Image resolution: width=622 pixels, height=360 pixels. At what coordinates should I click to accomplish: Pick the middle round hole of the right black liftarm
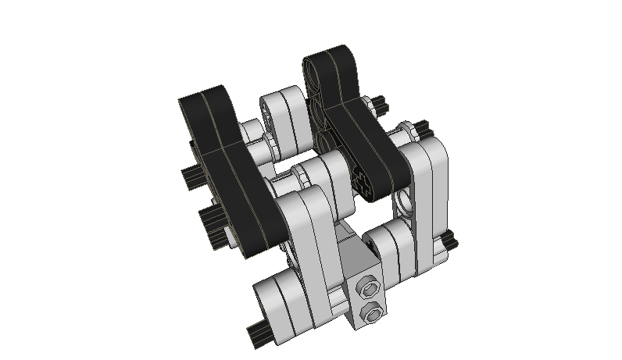click(x=320, y=109)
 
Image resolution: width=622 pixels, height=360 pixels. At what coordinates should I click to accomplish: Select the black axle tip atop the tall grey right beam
click(x=419, y=127)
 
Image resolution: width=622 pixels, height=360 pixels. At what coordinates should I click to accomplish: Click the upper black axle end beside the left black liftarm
click(x=191, y=176)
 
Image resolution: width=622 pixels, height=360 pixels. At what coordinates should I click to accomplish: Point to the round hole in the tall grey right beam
click(x=404, y=201)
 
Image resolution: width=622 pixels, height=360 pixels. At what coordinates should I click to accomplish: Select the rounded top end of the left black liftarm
click(x=206, y=99)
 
